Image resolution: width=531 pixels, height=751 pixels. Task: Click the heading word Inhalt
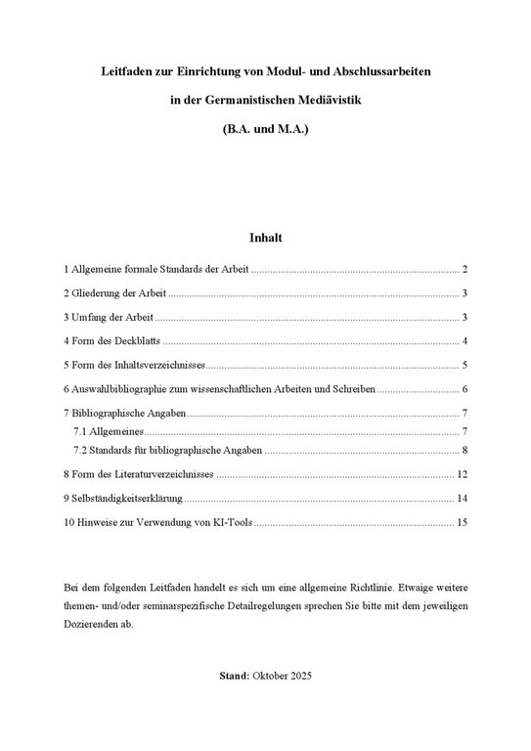(265, 237)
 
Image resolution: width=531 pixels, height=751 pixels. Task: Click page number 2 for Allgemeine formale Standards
(465, 269)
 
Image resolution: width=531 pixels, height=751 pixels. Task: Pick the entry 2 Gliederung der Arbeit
(114, 292)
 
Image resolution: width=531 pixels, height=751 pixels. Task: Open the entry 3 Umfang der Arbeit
(109, 317)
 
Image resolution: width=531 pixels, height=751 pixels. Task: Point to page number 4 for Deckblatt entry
(465, 341)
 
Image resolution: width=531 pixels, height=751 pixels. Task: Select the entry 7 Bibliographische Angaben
(124, 414)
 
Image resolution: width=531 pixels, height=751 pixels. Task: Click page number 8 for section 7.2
(465, 450)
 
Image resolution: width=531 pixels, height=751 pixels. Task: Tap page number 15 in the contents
(463, 523)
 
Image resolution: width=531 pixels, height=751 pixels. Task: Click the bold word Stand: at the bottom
(235, 676)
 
